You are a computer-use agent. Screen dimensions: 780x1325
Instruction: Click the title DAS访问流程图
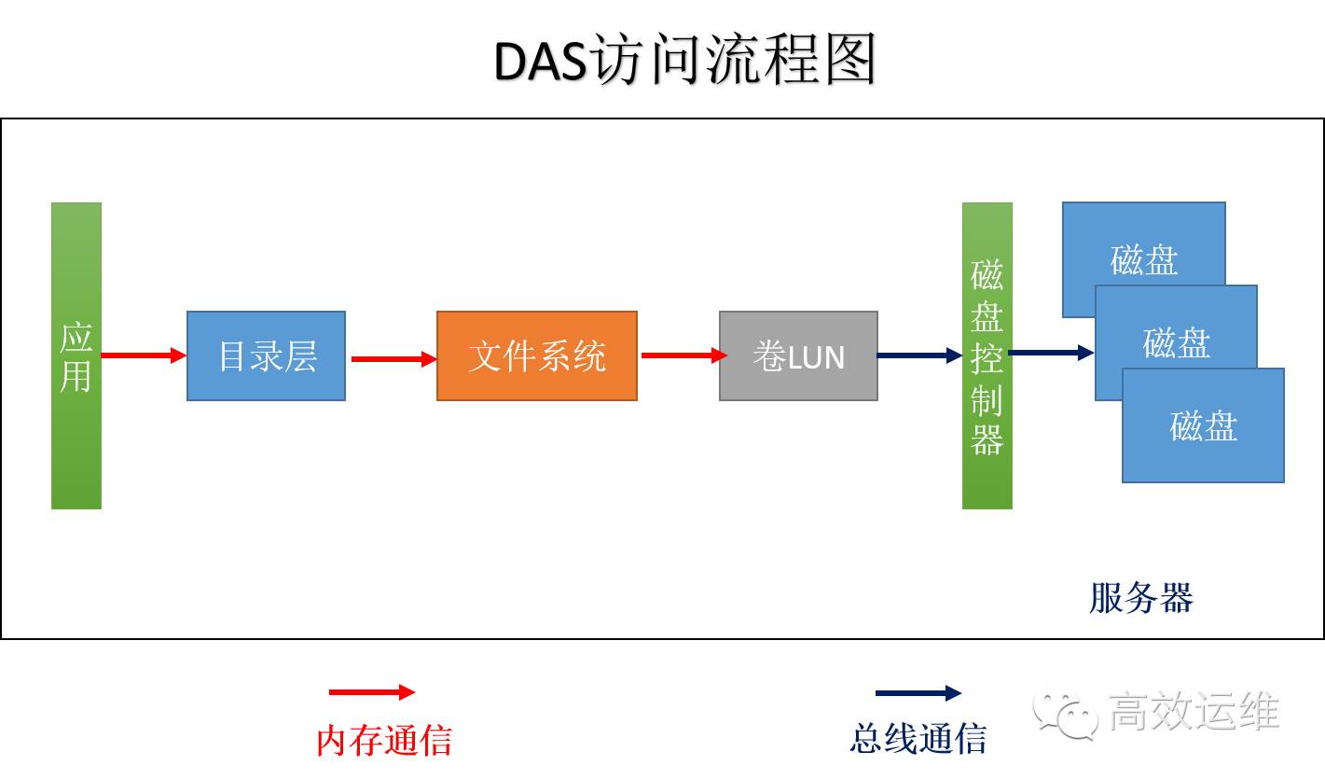point(685,62)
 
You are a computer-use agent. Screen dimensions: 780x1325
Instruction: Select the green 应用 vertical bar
point(76,355)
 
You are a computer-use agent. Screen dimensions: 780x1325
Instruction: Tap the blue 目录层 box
point(267,355)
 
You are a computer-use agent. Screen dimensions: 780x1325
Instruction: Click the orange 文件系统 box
point(537,355)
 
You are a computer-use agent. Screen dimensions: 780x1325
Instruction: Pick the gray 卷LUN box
point(798,355)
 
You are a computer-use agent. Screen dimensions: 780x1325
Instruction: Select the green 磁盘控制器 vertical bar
point(987,355)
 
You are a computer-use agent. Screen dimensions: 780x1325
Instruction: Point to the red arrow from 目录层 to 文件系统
point(393,358)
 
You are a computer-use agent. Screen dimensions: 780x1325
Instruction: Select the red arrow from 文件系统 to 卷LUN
point(683,355)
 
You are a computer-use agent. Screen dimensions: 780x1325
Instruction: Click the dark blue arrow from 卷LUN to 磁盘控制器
point(919,355)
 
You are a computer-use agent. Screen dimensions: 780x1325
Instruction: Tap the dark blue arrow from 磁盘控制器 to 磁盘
point(1051,353)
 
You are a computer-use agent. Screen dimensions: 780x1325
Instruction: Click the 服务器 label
point(1141,598)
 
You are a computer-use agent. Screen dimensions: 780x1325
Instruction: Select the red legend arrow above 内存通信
point(371,692)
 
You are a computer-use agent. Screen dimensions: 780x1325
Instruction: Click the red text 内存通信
point(384,740)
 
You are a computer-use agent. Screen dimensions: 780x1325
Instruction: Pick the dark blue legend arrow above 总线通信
point(918,693)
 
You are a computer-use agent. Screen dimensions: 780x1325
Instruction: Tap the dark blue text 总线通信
point(918,738)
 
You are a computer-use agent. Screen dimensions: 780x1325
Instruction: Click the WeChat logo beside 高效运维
point(1064,715)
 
